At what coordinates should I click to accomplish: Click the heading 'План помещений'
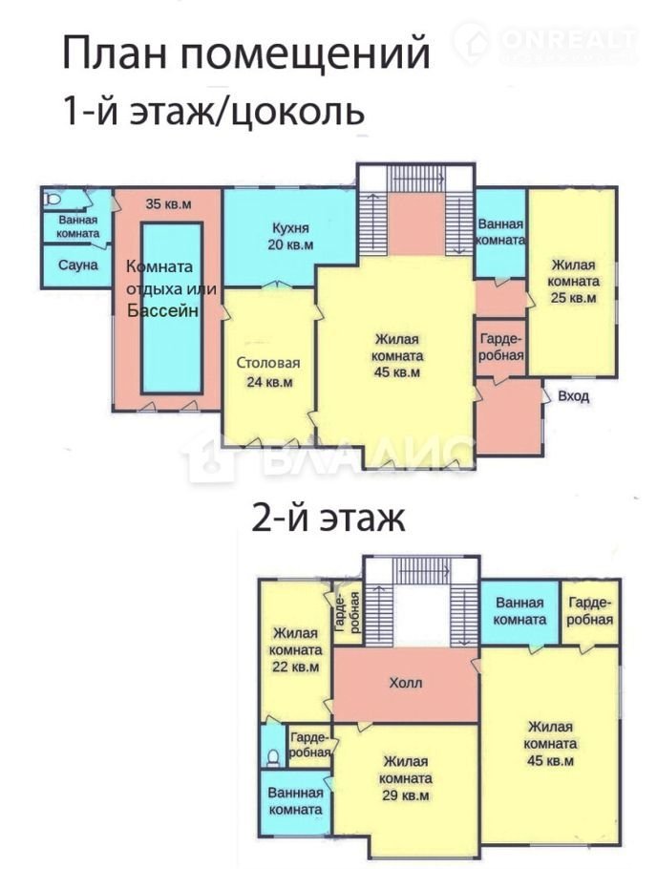click(246, 53)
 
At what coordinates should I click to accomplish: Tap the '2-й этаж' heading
click(328, 519)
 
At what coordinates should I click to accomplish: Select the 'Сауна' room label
click(77, 265)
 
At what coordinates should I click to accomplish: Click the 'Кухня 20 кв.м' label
click(290, 236)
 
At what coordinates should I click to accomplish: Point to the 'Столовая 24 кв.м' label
click(268, 371)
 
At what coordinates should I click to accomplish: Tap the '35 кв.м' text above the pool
click(168, 203)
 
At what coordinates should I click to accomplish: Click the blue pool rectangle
click(171, 308)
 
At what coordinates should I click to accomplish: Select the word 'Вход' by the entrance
click(573, 396)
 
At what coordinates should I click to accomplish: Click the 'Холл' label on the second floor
click(405, 682)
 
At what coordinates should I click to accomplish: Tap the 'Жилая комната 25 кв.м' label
click(573, 281)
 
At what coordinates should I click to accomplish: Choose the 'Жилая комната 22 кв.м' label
click(296, 649)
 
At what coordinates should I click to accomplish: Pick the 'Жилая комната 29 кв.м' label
click(405, 778)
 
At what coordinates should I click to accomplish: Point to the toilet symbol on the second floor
click(273, 756)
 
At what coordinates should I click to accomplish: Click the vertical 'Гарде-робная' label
click(348, 612)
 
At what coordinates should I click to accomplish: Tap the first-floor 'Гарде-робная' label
click(501, 347)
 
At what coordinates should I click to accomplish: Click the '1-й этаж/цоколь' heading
click(214, 111)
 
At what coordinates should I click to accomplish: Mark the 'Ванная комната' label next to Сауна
click(78, 226)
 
